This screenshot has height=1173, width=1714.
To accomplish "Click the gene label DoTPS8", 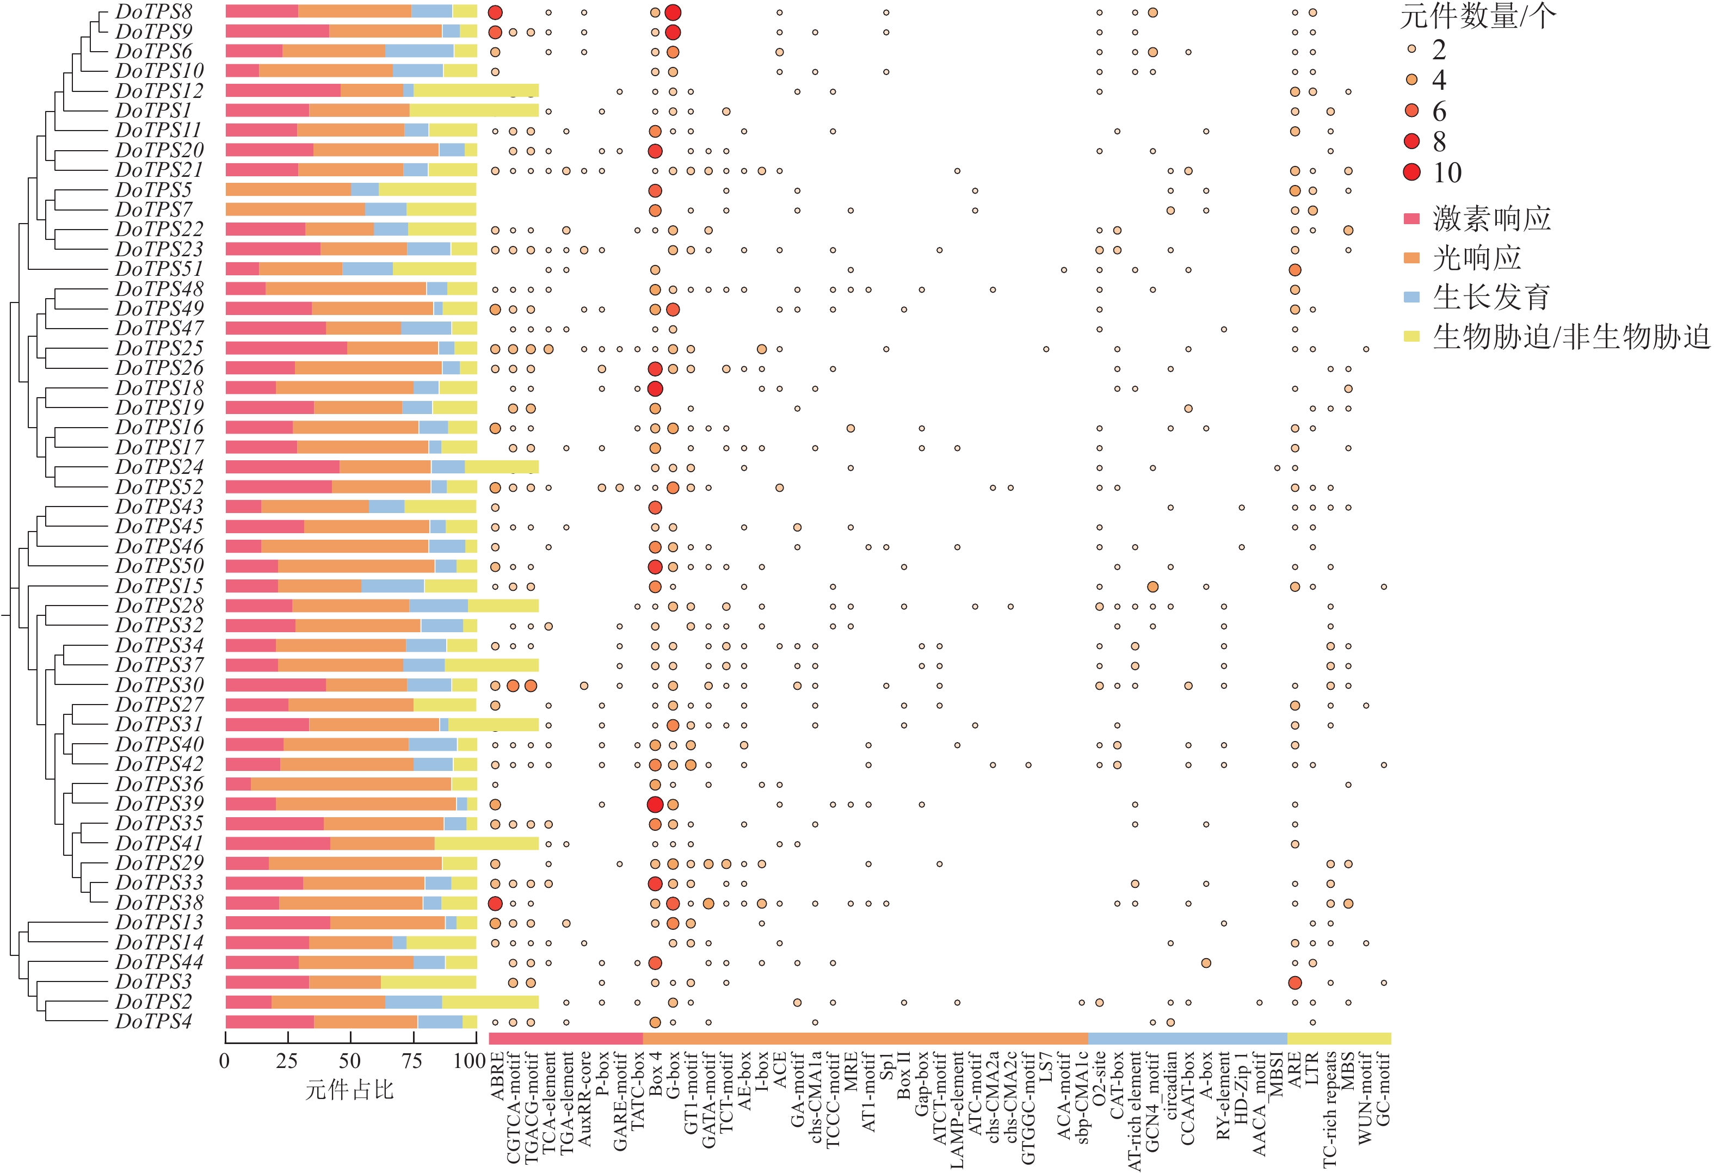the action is point(153,12).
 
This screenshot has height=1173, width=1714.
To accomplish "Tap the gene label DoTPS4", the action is point(153,1022).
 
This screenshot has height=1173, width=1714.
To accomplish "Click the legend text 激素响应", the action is point(1491,219).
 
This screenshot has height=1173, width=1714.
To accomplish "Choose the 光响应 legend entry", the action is point(1477,258).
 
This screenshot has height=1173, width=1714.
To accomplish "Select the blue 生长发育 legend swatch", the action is point(1411,297).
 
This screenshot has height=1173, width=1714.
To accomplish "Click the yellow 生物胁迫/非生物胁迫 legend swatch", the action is point(1411,337).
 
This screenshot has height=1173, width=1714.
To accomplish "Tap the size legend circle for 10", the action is point(1411,172).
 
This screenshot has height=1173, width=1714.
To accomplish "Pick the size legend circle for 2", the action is point(1411,48).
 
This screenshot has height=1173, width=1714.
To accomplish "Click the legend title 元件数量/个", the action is point(1477,16).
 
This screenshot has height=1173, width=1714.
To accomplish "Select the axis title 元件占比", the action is point(349,1090).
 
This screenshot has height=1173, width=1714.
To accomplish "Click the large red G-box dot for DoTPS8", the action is point(673,13).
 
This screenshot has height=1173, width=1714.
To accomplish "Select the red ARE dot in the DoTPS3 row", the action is point(1294,983).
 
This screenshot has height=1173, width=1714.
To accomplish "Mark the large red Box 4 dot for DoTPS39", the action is point(655,804).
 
